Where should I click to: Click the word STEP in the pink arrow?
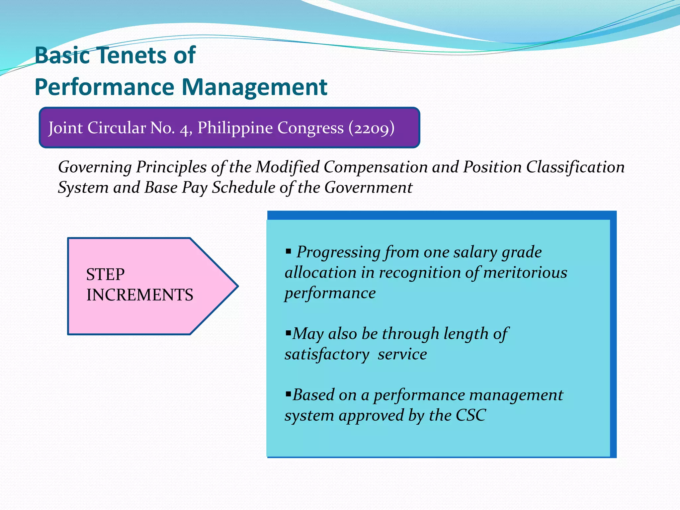coord(105,274)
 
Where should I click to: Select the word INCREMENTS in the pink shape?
coord(139,295)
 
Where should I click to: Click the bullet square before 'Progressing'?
coord(288,251)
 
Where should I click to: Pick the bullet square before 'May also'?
coord(288,332)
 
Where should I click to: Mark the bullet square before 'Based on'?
coord(288,393)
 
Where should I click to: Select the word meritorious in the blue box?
coord(525,273)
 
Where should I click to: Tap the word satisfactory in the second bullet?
coord(327,354)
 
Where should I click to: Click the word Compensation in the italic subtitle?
coord(376,167)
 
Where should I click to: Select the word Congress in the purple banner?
coord(310,128)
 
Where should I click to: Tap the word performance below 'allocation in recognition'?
coord(330,293)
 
